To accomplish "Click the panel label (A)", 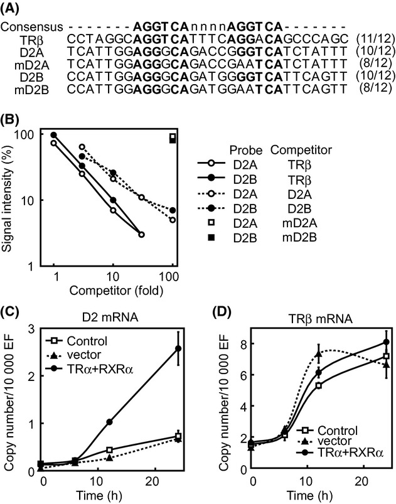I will [x=14, y=9].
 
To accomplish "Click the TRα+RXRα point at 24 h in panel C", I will [x=178, y=349].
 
